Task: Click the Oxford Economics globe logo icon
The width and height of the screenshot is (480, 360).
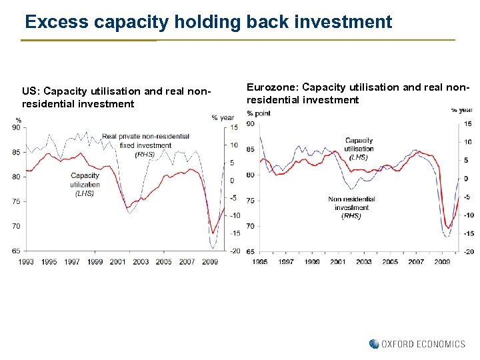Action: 374,344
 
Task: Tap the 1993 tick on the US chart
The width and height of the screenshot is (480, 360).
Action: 26,262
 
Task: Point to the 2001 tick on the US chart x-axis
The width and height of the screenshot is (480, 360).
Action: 118,262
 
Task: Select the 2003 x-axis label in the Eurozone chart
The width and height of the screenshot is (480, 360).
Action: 364,262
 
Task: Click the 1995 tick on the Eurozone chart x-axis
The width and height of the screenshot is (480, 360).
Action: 260,262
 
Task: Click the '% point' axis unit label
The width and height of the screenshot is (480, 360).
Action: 258,113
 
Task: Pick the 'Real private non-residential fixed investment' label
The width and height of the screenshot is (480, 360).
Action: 145,141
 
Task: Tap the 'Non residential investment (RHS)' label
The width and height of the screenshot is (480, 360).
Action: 351,207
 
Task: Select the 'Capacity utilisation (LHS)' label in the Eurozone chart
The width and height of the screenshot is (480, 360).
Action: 359,149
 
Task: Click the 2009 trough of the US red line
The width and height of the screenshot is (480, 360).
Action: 211,233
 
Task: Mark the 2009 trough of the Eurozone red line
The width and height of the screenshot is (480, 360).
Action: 448,228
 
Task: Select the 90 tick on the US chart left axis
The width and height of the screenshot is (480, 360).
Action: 15,127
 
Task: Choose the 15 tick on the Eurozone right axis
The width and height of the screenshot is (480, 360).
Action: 468,124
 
